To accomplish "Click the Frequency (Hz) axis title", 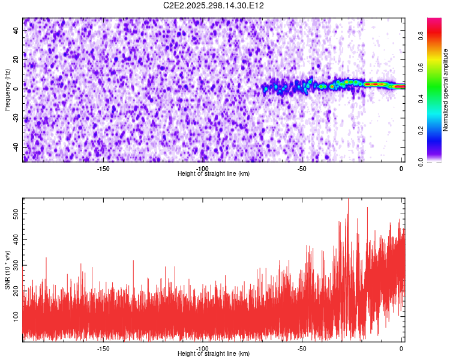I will (7, 90).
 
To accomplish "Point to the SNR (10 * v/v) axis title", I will (7, 270).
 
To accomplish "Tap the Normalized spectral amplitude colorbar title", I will (446, 90).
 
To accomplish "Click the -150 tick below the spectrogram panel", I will (103, 169).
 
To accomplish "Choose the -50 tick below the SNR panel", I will (302, 349).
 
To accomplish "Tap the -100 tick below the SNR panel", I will (202, 349).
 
